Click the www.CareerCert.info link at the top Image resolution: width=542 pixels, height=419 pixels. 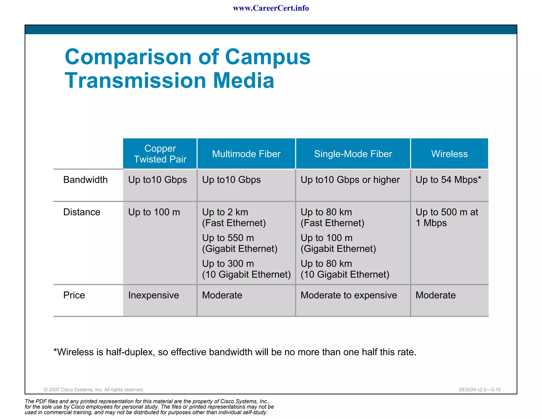pyautogui.click(x=271, y=8)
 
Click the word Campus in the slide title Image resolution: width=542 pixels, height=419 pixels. pyautogui.click(x=268, y=57)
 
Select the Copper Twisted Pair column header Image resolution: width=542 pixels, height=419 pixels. pyautogui.click(x=160, y=154)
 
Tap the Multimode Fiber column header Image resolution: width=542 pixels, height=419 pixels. pyautogui.click(x=246, y=154)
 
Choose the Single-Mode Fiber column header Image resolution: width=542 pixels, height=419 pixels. pyautogui.click(x=353, y=154)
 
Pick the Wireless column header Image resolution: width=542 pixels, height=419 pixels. pyautogui.click(x=449, y=154)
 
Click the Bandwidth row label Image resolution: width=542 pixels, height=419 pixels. pyautogui.click(x=85, y=180)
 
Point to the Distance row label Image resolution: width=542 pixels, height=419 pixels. pyautogui.click(x=82, y=212)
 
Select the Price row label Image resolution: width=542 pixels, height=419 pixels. pyautogui.click(x=74, y=295)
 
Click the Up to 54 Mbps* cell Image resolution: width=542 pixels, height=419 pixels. pyautogui.click(x=448, y=180)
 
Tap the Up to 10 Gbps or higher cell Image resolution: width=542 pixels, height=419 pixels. pyautogui.click(x=350, y=180)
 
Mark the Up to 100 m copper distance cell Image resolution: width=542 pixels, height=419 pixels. pyautogui.click(x=154, y=212)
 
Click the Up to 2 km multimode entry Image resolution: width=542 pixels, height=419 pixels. pyautogui.click(x=225, y=212)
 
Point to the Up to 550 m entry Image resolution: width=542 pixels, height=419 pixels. pyautogui.click(x=228, y=238)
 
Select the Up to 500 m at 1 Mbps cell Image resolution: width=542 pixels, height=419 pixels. pyautogui.click(x=447, y=217)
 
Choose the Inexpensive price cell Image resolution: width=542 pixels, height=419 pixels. pyautogui.click(x=153, y=295)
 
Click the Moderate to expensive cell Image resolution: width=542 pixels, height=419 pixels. pyautogui.click(x=349, y=295)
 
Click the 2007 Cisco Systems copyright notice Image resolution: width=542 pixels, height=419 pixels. pyautogui.click(x=94, y=390)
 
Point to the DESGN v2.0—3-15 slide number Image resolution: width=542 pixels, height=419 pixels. pyautogui.click(x=480, y=390)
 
